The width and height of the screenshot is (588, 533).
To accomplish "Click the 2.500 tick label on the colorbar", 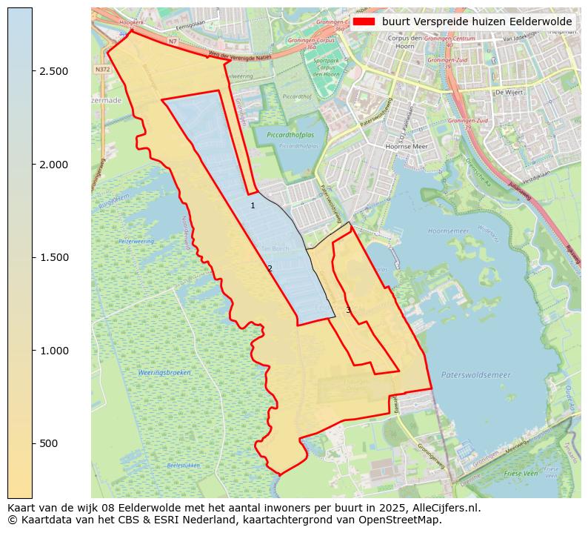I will (x=54, y=71).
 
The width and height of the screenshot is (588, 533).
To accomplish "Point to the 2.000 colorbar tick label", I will (x=54, y=165).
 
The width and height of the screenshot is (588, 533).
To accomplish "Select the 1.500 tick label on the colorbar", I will (x=54, y=257).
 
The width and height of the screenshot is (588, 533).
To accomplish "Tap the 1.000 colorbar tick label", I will (x=54, y=351).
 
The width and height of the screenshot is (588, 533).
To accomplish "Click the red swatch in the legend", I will (x=364, y=21).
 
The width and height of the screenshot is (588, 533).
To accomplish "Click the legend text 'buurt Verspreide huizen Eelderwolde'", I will (x=476, y=21).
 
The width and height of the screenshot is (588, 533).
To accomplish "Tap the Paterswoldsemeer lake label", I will (x=475, y=375).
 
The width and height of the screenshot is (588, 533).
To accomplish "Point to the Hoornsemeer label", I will (x=448, y=231).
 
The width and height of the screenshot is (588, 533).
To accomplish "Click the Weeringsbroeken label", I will (x=164, y=372).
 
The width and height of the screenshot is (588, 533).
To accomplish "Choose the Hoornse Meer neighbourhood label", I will (x=407, y=147).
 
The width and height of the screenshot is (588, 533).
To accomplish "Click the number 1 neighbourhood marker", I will (x=253, y=205).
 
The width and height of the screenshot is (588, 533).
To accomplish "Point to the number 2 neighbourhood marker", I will (x=270, y=268).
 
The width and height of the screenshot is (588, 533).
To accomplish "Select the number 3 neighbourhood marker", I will (x=348, y=310).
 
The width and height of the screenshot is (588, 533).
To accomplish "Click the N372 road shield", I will (x=101, y=69).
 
